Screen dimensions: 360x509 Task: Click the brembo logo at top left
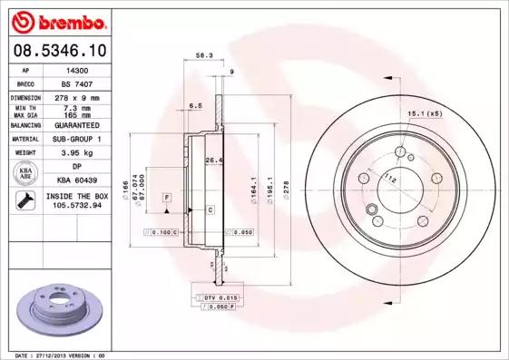pos(58,19)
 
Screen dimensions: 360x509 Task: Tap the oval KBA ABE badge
pos(28,174)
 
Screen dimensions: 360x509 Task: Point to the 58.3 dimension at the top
pos(204,56)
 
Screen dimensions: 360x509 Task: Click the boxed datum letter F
pos(167,197)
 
